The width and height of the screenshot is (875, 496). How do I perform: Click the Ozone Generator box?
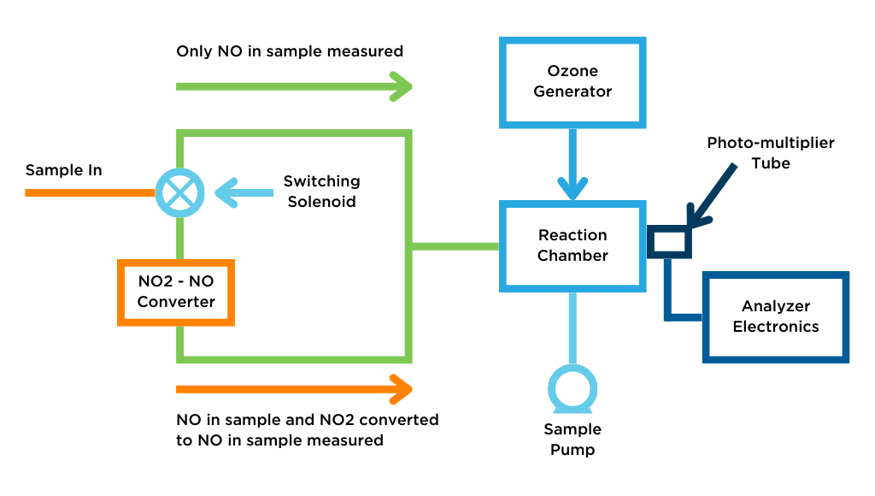click(573, 81)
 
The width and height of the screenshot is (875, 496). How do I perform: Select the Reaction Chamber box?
click(573, 245)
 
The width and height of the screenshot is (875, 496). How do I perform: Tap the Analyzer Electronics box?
click(775, 316)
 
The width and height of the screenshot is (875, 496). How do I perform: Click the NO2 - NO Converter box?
click(176, 291)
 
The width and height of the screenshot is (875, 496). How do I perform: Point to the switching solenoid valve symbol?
click(179, 192)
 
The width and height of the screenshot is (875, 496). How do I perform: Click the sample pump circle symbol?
click(573, 389)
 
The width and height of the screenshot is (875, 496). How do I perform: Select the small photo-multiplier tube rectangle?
click(668, 242)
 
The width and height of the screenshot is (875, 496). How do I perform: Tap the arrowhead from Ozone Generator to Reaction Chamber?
click(573, 187)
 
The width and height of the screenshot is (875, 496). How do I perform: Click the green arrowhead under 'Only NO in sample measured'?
click(401, 86)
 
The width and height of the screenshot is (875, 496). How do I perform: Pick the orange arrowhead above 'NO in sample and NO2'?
click(401, 389)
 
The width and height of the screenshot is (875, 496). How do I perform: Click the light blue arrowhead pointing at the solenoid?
click(225, 192)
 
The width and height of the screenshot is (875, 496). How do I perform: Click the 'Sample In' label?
click(63, 170)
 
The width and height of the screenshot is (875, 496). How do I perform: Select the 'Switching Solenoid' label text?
click(321, 192)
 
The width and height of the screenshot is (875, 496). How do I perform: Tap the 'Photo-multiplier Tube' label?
click(770, 152)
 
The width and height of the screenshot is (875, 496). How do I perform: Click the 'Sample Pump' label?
click(573, 439)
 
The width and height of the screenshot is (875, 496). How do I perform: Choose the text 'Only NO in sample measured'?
click(290, 51)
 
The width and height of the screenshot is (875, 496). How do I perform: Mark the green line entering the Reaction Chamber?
click(455, 246)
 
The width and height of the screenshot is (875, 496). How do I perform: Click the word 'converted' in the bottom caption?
click(402, 420)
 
